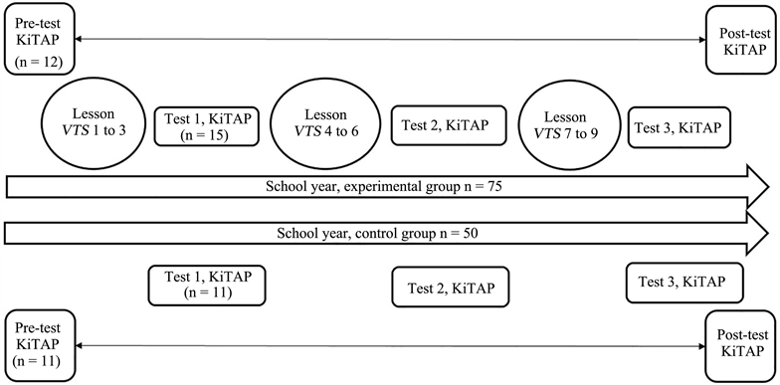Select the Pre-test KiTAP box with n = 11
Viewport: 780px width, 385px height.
tap(36, 344)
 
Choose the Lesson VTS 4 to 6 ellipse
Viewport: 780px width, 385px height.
tap(320, 124)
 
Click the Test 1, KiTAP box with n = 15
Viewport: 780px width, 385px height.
tap(205, 126)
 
